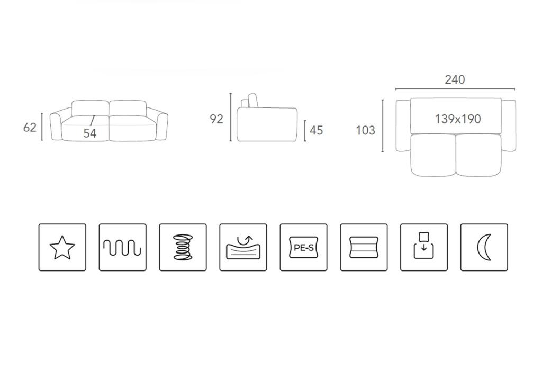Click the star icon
pyautogui.click(x=62, y=247)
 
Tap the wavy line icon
pyautogui.click(x=122, y=247)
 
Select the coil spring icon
pyautogui.click(x=183, y=247)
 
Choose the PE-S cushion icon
pyautogui.click(x=303, y=247)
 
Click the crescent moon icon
pyautogui.click(x=484, y=247)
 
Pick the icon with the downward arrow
pyautogui.click(x=424, y=247)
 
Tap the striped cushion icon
pyautogui.click(x=364, y=247)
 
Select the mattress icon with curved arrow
pyautogui.click(x=243, y=247)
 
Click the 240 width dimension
pyautogui.click(x=455, y=79)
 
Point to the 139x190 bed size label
pyautogui.click(x=458, y=119)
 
